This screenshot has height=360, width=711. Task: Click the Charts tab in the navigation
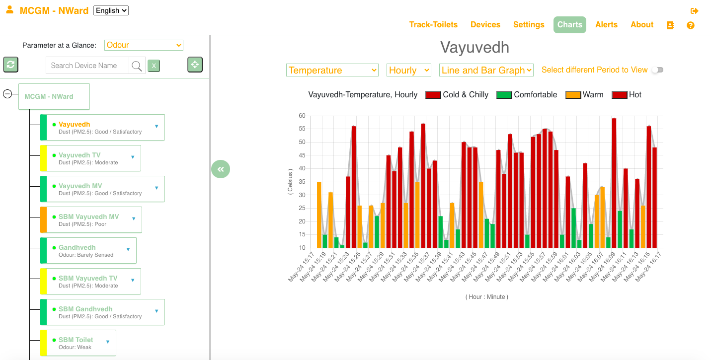[570, 25]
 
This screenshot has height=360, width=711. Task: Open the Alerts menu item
[606, 25]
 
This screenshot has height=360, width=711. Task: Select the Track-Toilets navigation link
[433, 25]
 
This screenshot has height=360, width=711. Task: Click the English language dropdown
[111, 10]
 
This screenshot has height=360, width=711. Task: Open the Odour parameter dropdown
[144, 45]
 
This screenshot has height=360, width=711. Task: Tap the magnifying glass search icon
[137, 66]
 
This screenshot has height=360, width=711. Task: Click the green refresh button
[11, 65]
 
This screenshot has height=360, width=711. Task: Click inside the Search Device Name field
[87, 66]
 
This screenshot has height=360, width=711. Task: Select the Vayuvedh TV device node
[91, 158]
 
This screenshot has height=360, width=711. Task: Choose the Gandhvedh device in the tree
[88, 251]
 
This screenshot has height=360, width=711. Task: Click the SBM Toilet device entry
[78, 343]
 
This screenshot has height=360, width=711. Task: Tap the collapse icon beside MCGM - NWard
[7, 94]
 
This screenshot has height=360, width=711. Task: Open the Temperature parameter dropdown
[332, 70]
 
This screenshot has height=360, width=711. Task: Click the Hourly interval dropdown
[409, 70]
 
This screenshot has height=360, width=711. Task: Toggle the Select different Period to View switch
[658, 70]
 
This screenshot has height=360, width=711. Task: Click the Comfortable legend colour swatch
[504, 95]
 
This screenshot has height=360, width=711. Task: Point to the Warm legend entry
[584, 95]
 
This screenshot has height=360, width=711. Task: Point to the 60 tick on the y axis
[302, 116]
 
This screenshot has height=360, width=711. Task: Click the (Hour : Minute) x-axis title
[487, 297]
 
